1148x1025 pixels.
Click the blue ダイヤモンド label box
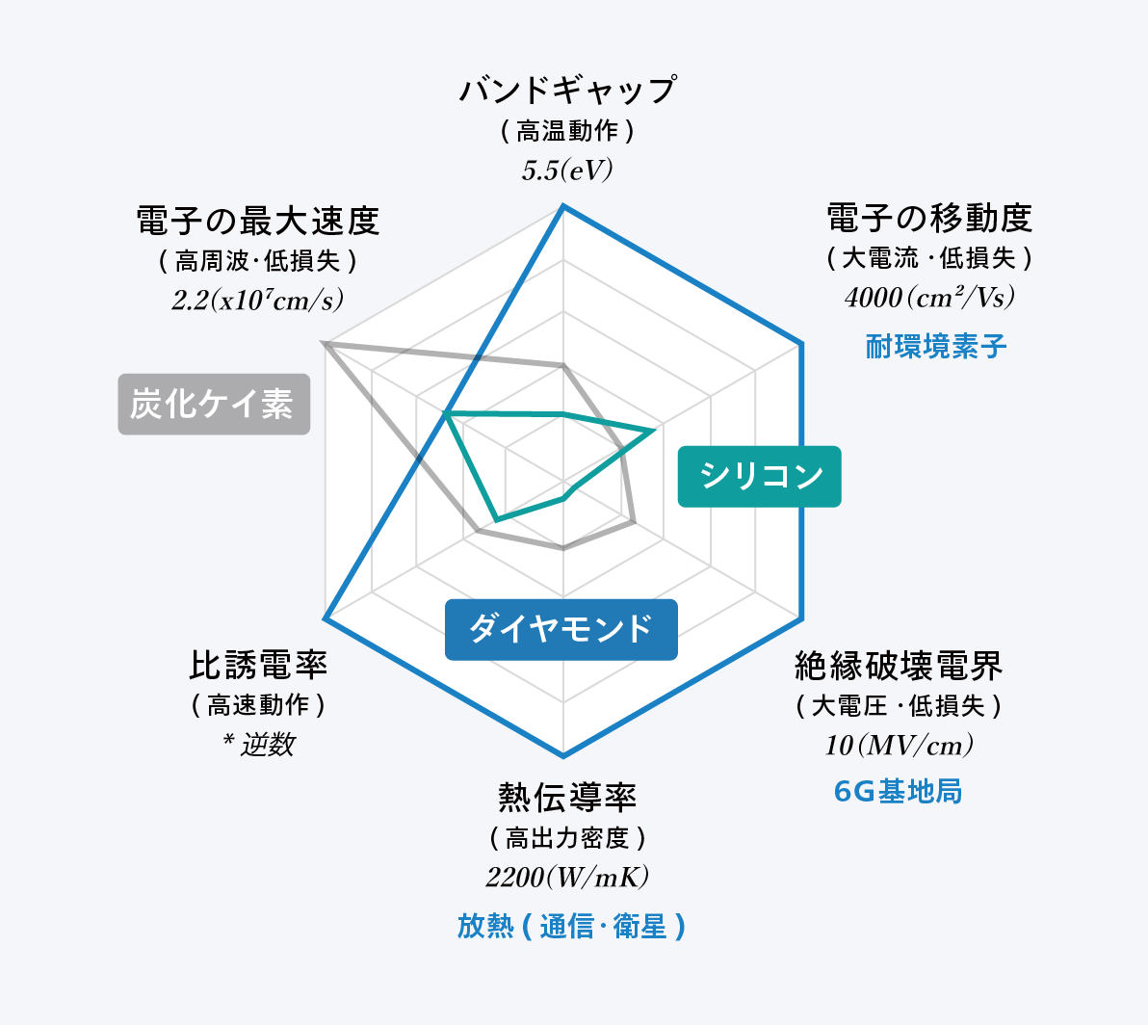[561, 630]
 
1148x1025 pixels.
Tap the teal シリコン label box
[759, 477]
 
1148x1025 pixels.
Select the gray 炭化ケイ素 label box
[214, 405]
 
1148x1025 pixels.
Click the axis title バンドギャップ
[567, 90]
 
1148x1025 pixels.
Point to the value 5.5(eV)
[566, 171]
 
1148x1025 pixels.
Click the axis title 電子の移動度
[929, 218]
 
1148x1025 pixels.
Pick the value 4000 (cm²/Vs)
[929, 298]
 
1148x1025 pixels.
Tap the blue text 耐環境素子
[936, 346]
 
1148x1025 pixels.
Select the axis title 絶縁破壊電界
[899, 667]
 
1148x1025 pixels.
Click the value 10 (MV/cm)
[899, 746]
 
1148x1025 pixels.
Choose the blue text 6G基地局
[898, 792]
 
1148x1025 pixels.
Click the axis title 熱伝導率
[567, 798]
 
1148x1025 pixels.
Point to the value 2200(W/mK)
[566, 877]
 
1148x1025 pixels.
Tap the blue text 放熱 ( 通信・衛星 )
[571, 926]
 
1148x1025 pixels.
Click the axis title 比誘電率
[258, 666]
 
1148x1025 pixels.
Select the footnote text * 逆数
[258, 745]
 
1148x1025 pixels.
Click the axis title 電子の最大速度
[258, 222]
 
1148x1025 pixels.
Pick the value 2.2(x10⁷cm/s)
[258, 301]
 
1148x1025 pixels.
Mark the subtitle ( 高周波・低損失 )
[258, 261]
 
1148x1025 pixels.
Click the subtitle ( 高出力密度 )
[567, 837]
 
